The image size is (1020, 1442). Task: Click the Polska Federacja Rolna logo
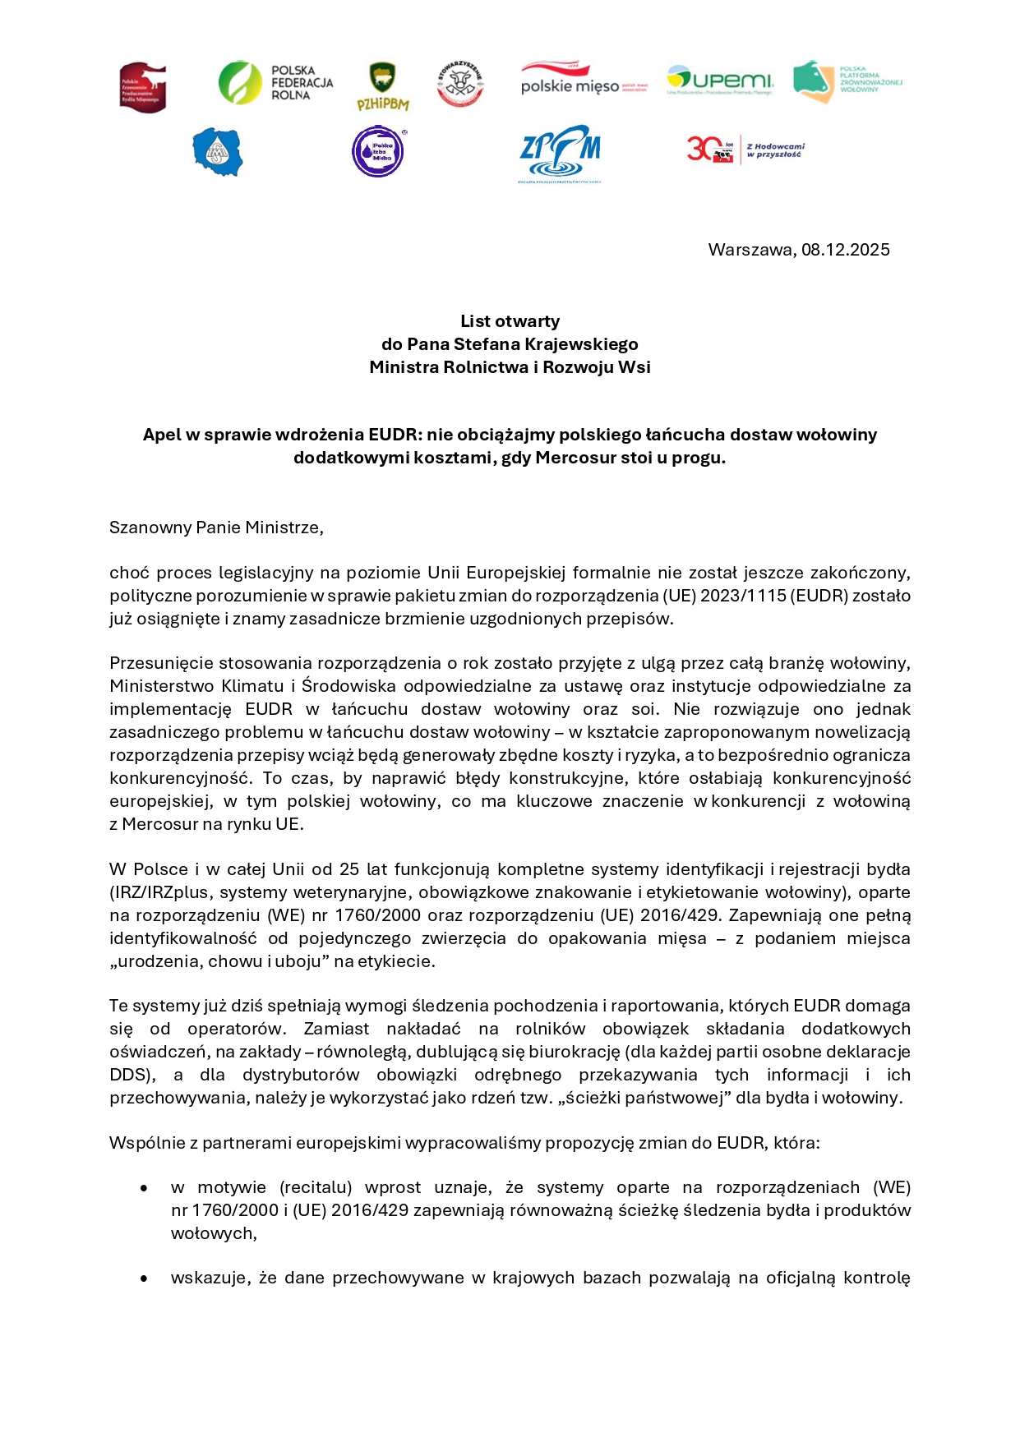pyautogui.click(x=275, y=83)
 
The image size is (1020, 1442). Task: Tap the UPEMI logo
pyautogui.click(x=720, y=81)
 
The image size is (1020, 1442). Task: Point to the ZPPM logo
pyautogui.click(x=560, y=153)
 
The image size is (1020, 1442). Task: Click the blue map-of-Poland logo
pyautogui.click(x=218, y=152)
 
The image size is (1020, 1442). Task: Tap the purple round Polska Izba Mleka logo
pyautogui.click(x=378, y=151)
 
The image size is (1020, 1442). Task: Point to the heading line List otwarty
pyautogui.click(x=510, y=321)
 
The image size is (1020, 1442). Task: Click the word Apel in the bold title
pyautogui.click(x=162, y=435)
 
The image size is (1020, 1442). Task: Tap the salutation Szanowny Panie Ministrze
pyautogui.click(x=216, y=528)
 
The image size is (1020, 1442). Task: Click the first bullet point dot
pyautogui.click(x=144, y=1188)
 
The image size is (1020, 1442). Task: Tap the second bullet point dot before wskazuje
pyautogui.click(x=144, y=1278)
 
